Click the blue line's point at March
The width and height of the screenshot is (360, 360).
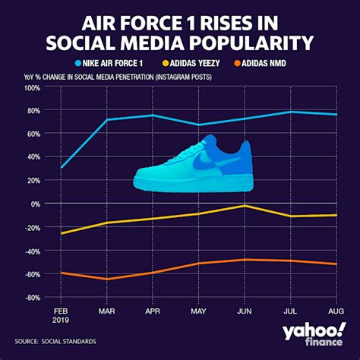[x=106, y=119]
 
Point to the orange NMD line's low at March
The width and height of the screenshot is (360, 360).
[x=106, y=279]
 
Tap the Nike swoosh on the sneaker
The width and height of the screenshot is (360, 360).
[x=204, y=162]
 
